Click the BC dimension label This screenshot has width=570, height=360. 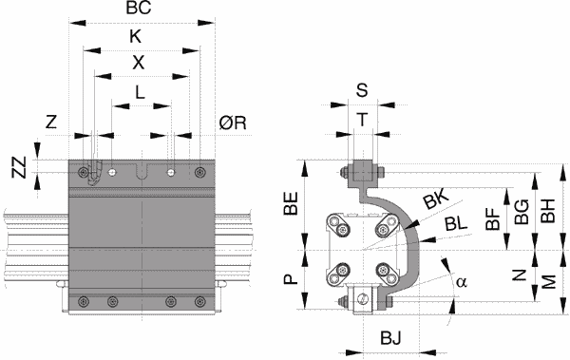139,8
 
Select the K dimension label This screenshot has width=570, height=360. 136,37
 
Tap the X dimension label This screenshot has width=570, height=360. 138,63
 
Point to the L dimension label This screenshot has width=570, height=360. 140,92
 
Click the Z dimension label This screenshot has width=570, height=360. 51,122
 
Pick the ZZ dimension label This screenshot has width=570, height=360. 19,167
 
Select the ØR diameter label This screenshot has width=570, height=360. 233,123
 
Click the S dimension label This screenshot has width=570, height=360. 362,90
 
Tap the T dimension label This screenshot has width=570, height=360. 362,120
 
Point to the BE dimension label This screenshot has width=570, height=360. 291,203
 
